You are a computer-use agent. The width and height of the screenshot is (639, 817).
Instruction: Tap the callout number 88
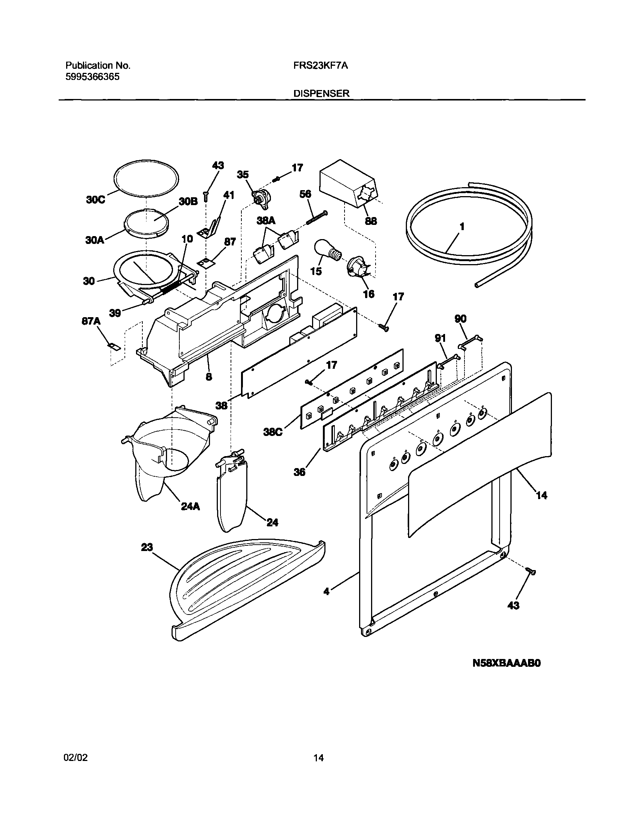pos(371,221)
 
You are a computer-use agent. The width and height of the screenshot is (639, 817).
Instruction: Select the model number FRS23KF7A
pos(321,66)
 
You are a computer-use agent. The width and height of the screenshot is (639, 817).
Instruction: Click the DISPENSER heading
pos(321,93)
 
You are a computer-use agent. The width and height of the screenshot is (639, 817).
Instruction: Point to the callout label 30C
pos(95,200)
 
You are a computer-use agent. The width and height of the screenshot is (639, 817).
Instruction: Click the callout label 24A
pos(190,507)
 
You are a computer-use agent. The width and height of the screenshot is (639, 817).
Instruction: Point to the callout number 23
pos(147,547)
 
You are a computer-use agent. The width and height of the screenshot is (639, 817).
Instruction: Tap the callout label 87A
pos(91,321)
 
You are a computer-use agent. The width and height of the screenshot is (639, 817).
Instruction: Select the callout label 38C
pos(272,433)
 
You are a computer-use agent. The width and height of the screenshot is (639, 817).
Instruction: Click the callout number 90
pos(460,319)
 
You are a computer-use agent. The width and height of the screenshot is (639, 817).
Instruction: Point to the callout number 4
pos(327,592)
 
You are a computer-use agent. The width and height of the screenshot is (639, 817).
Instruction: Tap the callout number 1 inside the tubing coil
pos(462,227)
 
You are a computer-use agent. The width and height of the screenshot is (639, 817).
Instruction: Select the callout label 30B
pos(188,201)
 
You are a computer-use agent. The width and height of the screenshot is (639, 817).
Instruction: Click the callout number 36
pos(299,472)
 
